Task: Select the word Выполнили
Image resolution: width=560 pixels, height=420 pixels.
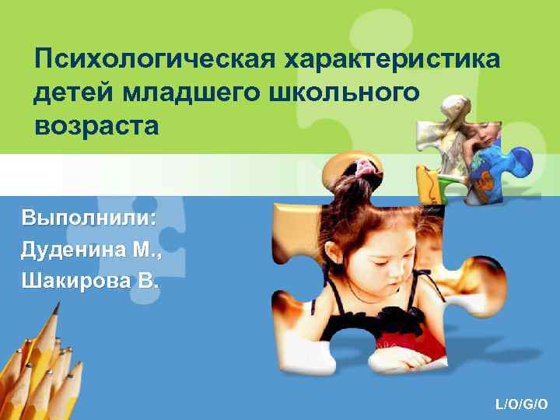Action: (89, 217)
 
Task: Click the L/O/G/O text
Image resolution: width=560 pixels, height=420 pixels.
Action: (522, 404)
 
